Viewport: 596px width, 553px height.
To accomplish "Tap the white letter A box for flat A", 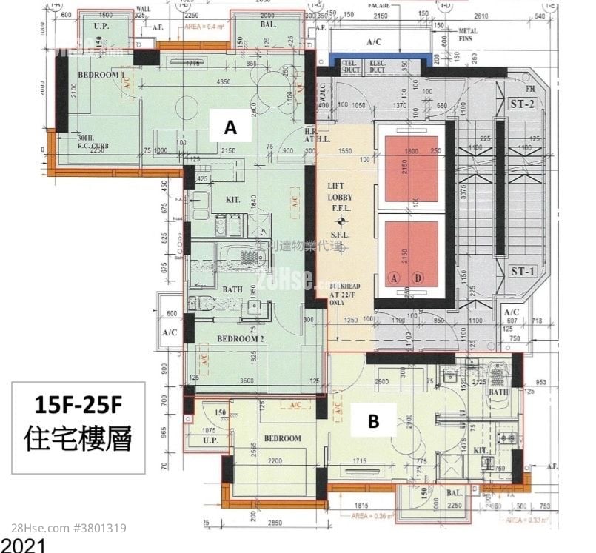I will click(x=230, y=128).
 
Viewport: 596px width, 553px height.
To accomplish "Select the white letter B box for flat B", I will click(x=374, y=421).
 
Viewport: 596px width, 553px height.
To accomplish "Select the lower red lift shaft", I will click(x=412, y=253).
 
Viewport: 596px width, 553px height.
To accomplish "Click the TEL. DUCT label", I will click(x=350, y=67).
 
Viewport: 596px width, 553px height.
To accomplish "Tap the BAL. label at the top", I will click(x=269, y=24).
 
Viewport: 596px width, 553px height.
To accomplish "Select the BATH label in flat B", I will click(x=498, y=392).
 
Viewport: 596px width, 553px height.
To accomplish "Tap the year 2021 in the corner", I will click(x=23, y=546).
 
